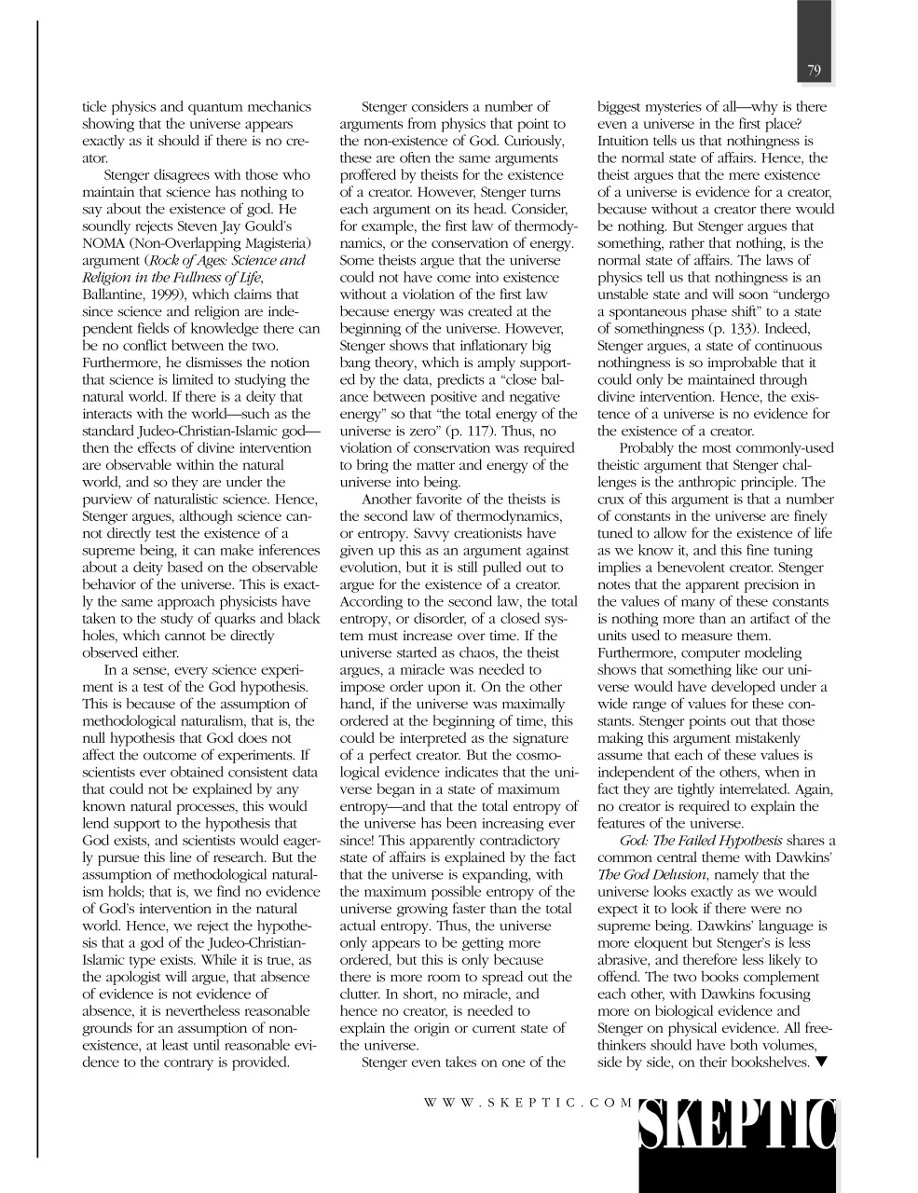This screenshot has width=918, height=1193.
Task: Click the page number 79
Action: coord(814,71)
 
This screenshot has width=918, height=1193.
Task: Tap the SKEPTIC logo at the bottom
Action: coord(737,1125)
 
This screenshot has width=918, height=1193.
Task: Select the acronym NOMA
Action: coord(103,243)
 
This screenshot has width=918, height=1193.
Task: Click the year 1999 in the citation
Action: coord(167,295)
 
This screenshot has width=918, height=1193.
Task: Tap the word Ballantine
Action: coord(114,295)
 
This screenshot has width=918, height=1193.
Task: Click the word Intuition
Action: coord(628,141)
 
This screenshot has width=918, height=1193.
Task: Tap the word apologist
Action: coord(138,977)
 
